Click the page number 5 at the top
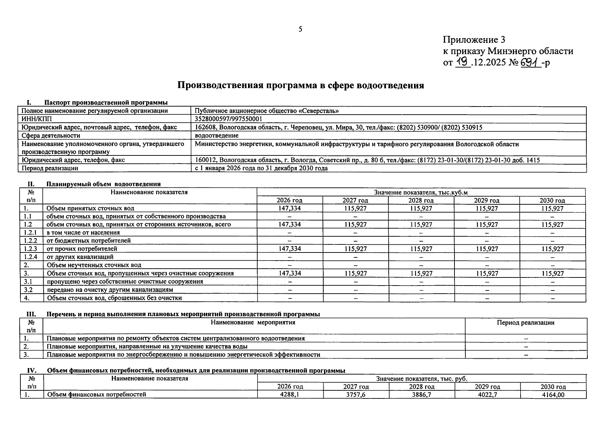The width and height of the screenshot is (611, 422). click(300, 29)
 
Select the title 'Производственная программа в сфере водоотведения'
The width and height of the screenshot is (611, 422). click(300, 85)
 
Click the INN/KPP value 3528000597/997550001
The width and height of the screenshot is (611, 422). click(229, 119)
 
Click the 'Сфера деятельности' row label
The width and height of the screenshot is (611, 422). click(51, 135)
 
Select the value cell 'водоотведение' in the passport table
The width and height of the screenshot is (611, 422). click(217, 135)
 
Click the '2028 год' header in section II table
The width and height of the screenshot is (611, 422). click(421, 200)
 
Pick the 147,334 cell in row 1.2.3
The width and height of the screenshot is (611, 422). click(289, 249)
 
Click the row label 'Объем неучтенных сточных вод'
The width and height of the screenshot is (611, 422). click(94, 265)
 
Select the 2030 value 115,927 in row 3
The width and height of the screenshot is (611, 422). click(552, 273)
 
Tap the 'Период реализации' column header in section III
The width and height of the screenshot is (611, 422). click(526, 322)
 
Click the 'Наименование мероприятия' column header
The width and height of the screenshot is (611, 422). click(253, 322)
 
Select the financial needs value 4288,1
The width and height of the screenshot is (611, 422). click(290, 395)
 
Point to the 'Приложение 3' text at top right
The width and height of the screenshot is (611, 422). click(474, 40)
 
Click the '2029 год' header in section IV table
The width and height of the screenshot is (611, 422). click(487, 386)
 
